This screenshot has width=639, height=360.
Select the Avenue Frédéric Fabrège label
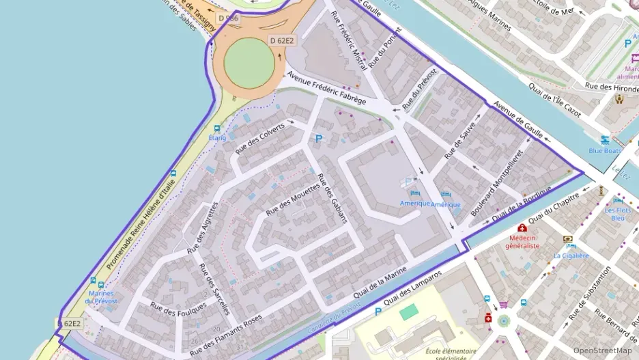(x=326, y=88)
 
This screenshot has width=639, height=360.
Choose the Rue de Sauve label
(x=461, y=137)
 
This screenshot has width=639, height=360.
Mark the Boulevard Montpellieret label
(x=501, y=180)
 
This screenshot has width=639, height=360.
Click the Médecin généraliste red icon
(x=522, y=227)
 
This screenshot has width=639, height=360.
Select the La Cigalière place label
(x=571, y=255)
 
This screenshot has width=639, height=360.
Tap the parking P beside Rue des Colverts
(x=317, y=139)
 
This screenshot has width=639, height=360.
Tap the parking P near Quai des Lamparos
(x=378, y=313)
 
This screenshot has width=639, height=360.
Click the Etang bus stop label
(x=217, y=137)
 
